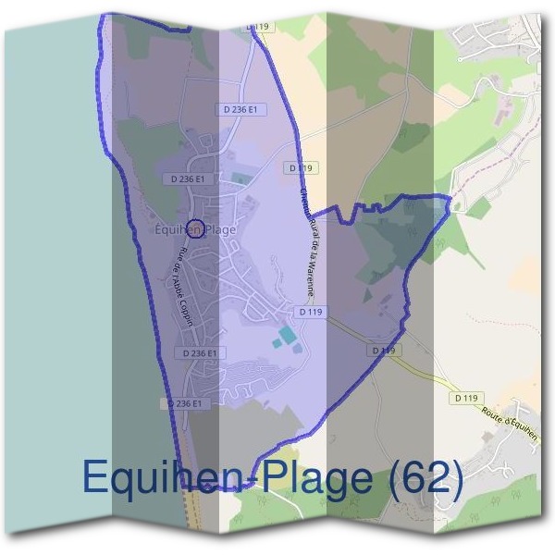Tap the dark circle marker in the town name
(194, 228)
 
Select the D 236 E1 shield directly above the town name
(188, 179)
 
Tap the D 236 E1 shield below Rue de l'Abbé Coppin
(200, 353)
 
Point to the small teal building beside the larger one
(275, 345)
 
